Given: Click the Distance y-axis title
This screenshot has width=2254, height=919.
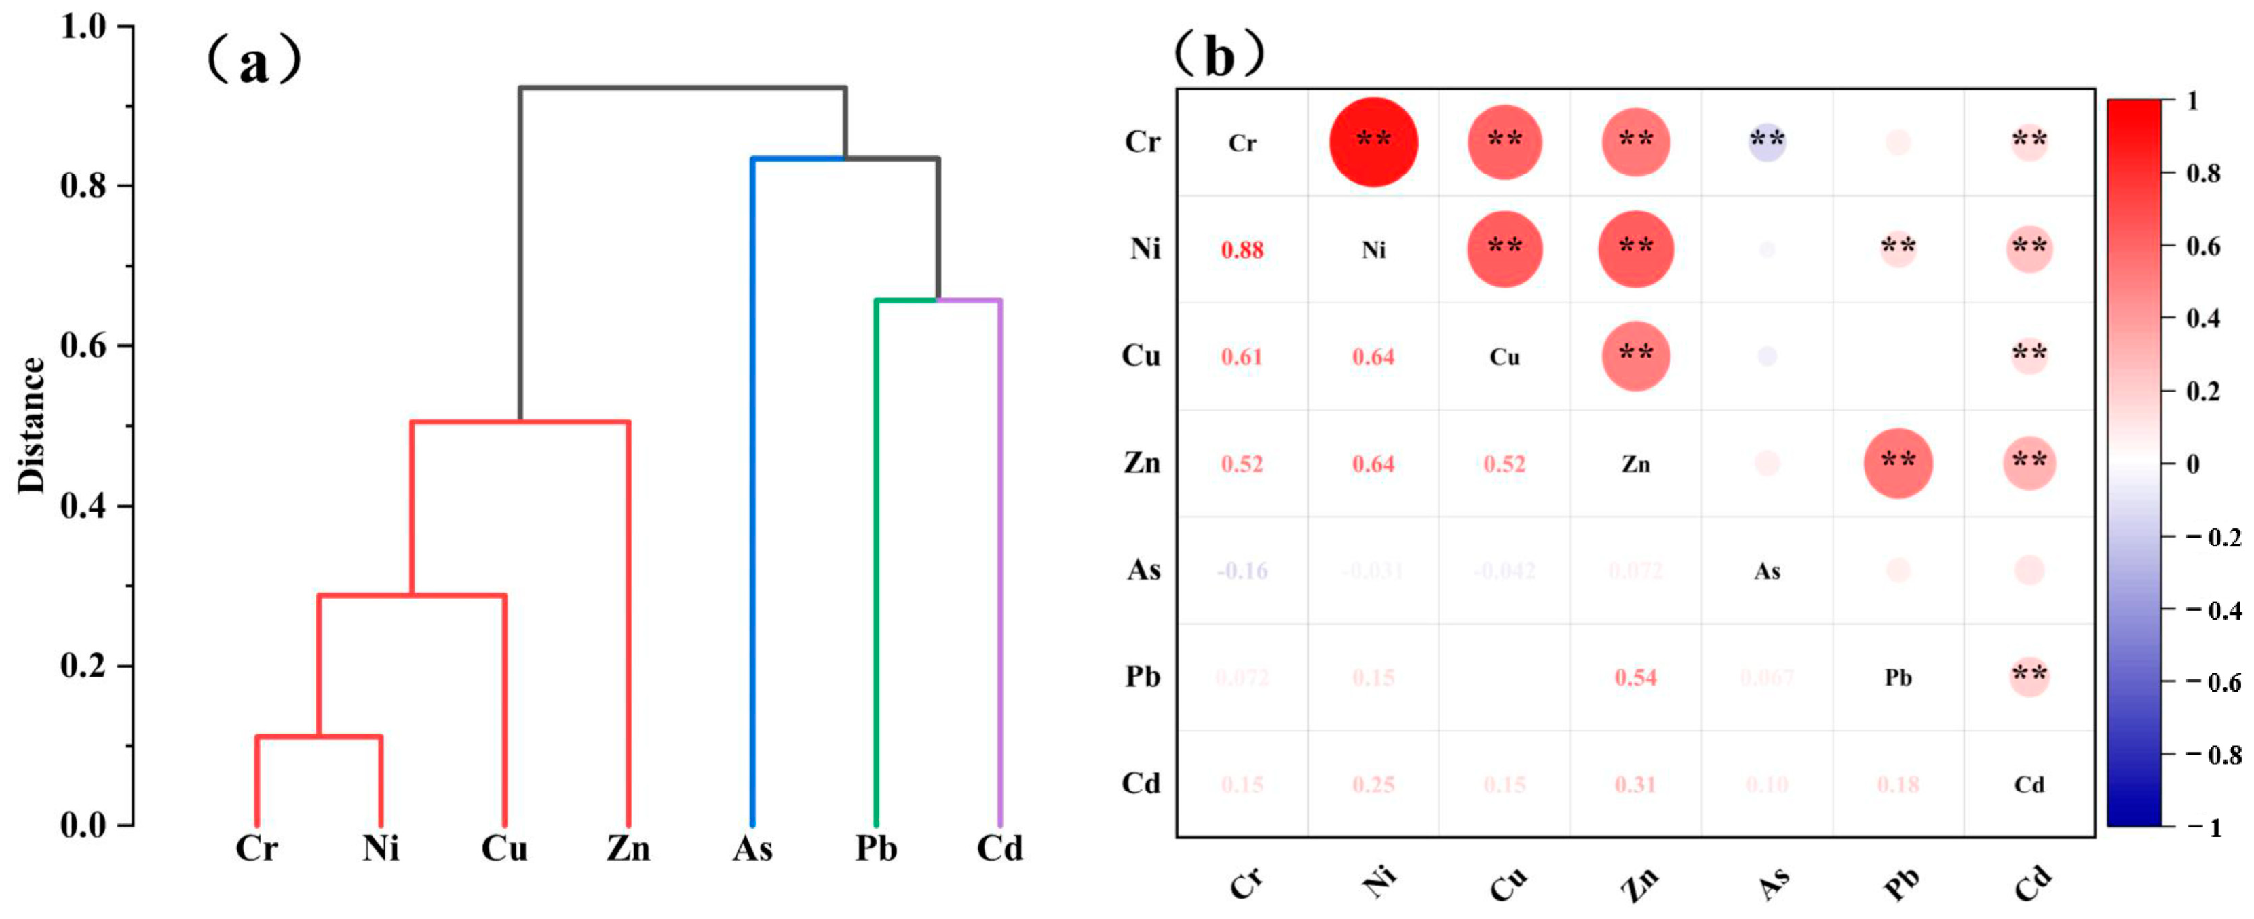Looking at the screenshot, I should pyautogui.click(x=31, y=426).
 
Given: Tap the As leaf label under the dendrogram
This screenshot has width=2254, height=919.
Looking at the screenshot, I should pyautogui.click(x=752, y=849).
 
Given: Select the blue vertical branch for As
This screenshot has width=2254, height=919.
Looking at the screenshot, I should pyautogui.click(x=752, y=490).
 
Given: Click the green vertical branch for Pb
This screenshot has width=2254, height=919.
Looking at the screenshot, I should pyautogui.click(x=876, y=560).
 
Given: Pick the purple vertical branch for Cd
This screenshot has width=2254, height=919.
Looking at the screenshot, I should pyautogui.click(x=1000, y=560).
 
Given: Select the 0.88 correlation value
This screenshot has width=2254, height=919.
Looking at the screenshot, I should pyautogui.click(x=1242, y=250).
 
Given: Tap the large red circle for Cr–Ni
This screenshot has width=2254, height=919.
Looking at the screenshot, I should pyautogui.click(x=1373, y=142).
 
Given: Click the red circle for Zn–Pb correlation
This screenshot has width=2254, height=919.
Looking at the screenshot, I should pyautogui.click(x=1898, y=463).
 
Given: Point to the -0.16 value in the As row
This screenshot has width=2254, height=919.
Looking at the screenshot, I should pyautogui.click(x=1242, y=571).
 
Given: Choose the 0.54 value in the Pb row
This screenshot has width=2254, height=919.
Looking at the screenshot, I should pyautogui.click(x=1635, y=677).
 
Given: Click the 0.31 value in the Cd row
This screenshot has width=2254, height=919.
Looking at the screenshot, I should pyautogui.click(x=1635, y=784).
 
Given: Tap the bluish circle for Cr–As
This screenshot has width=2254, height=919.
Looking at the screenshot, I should pyautogui.click(x=1767, y=142).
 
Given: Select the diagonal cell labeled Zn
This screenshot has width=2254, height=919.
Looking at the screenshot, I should pyautogui.click(x=1635, y=464).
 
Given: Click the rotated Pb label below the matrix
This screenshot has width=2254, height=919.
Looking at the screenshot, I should pyautogui.click(x=1900, y=884).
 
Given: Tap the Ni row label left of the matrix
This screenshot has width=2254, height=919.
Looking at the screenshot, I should pyautogui.click(x=1145, y=250).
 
